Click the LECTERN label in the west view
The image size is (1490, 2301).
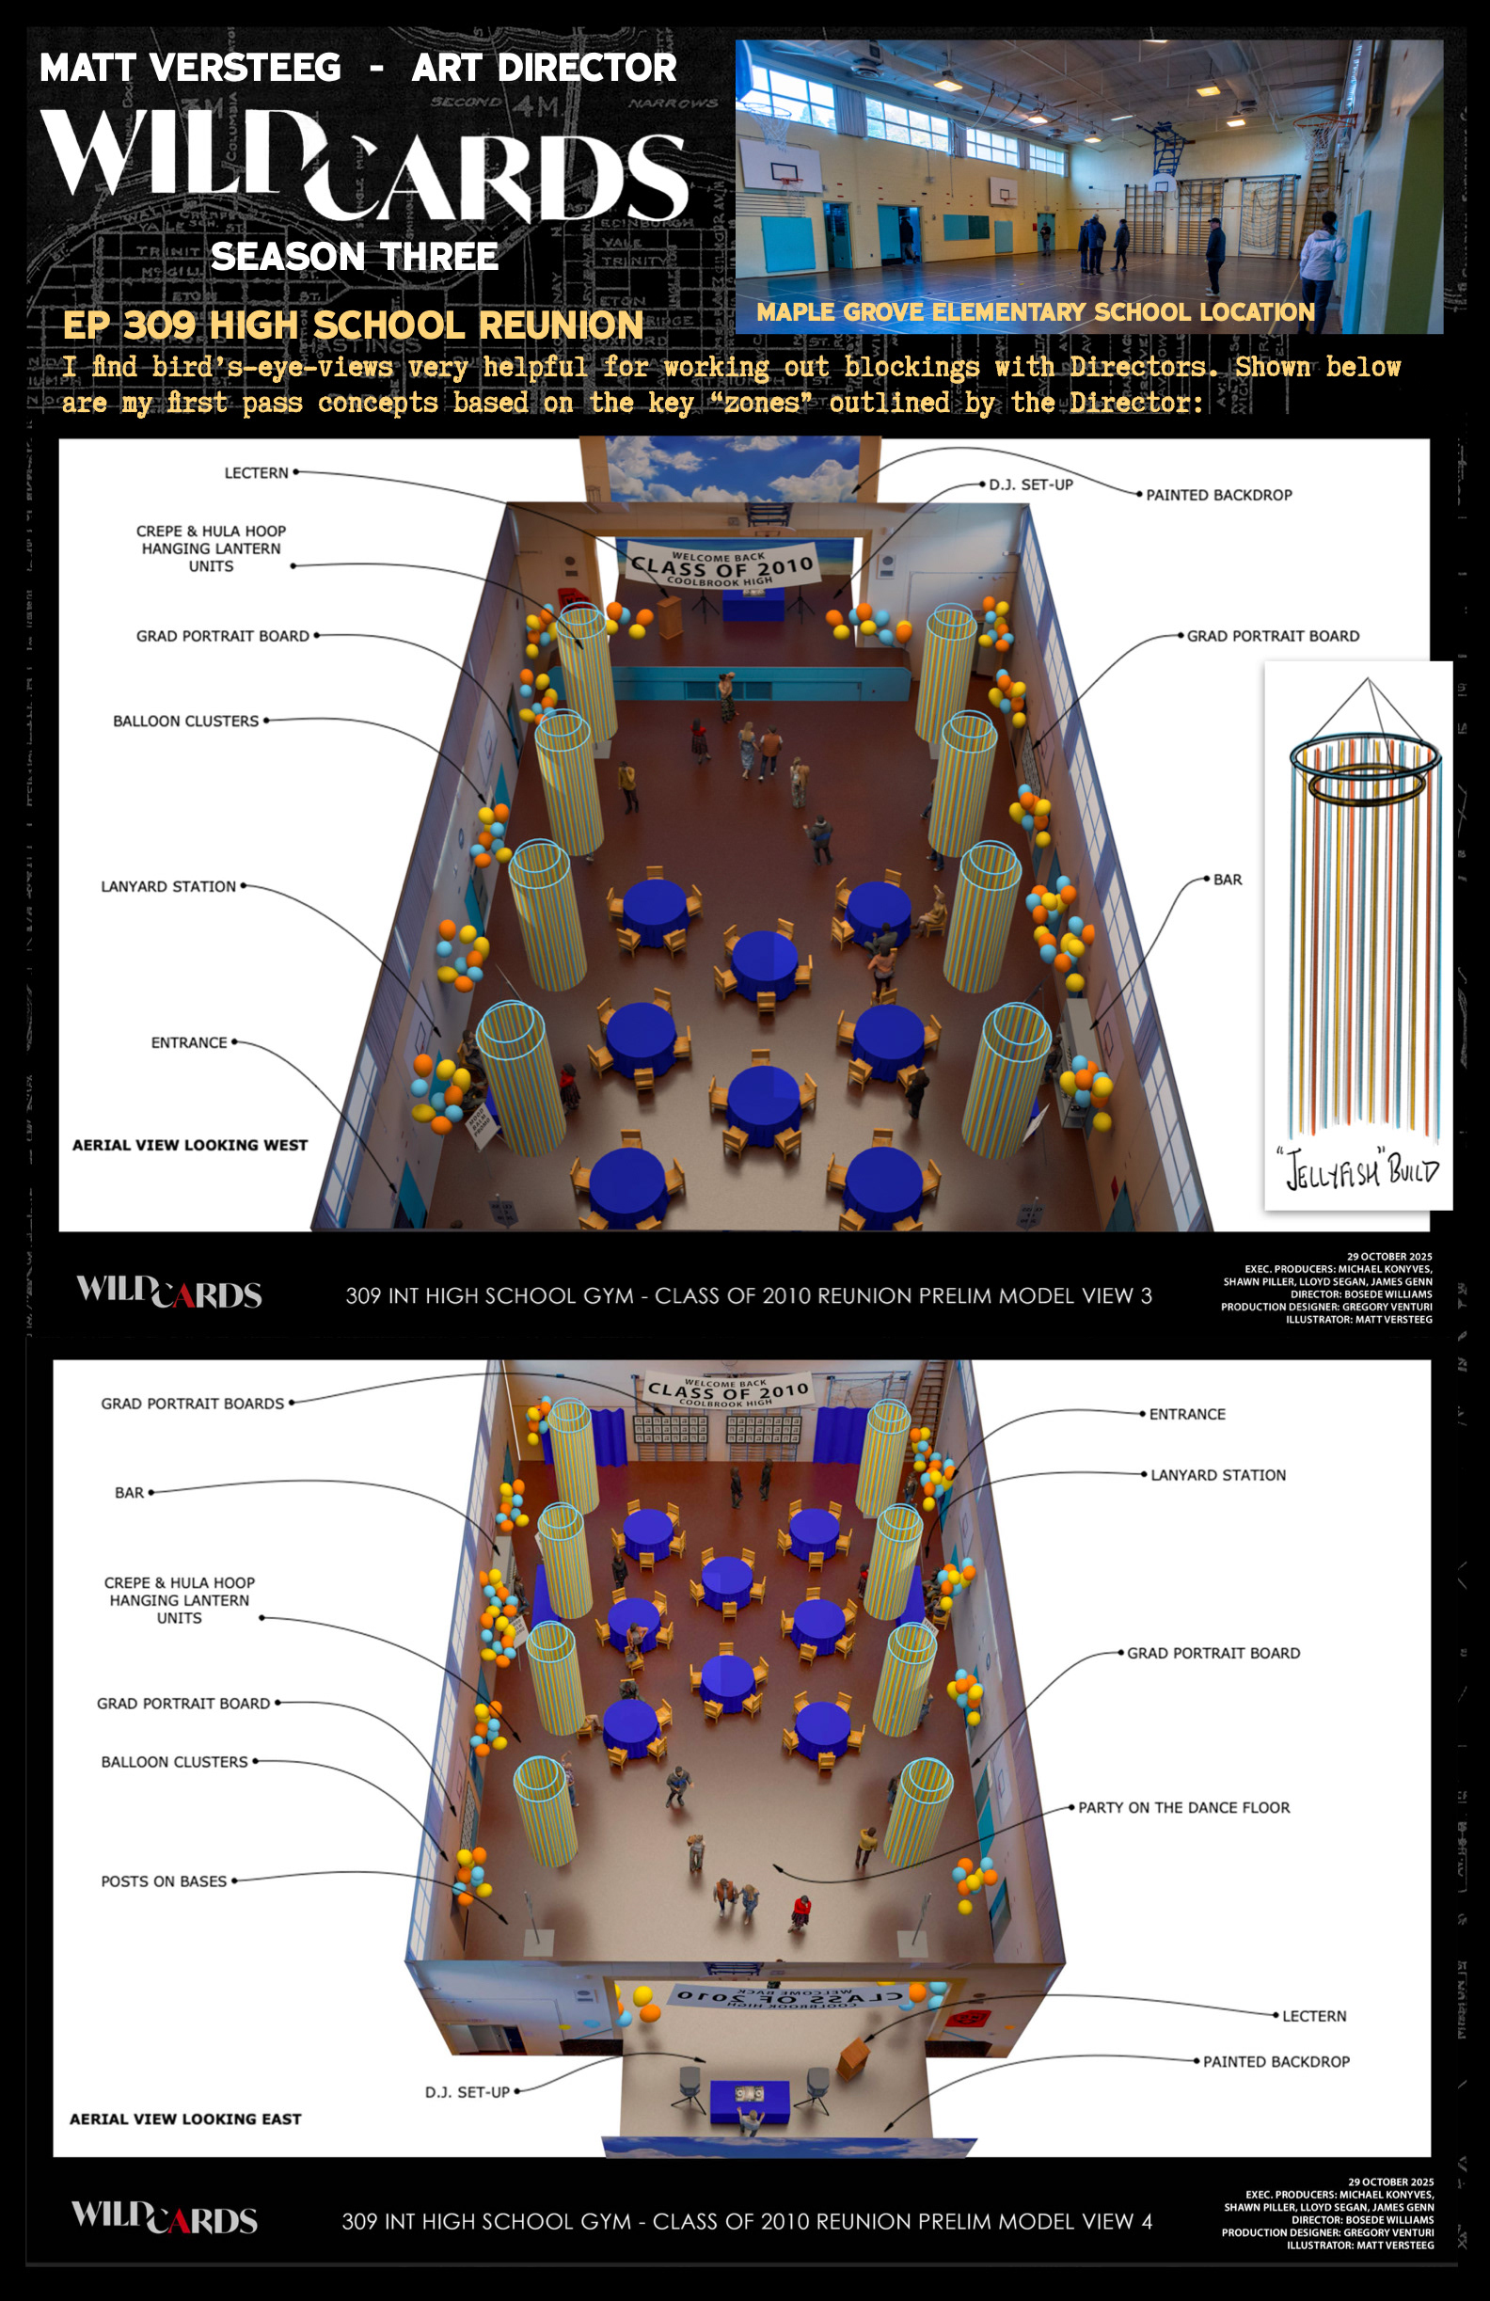[x=256, y=473]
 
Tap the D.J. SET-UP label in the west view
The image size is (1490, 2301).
[x=1031, y=484]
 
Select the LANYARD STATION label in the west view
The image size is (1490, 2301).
[x=168, y=886]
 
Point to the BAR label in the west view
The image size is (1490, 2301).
[x=1227, y=880]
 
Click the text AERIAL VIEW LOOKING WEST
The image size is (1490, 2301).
[x=189, y=1145]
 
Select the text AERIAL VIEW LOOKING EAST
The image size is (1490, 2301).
[x=184, y=2119]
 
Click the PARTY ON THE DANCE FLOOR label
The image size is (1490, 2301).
[x=1183, y=1807]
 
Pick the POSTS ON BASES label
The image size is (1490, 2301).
[x=164, y=1880]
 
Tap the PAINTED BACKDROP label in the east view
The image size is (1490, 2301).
[x=1276, y=2061]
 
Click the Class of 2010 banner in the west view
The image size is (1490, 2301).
[x=721, y=566]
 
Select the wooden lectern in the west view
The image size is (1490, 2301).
[x=669, y=616]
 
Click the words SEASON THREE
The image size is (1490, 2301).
[x=354, y=256]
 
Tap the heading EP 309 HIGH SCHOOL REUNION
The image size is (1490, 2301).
[x=353, y=325]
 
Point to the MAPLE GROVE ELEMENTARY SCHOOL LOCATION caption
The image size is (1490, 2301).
[x=1035, y=312]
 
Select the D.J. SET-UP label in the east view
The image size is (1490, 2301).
[x=467, y=2091]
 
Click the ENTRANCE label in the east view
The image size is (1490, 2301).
[x=1186, y=1414]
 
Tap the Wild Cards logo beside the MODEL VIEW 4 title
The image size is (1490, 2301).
[x=166, y=2218]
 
